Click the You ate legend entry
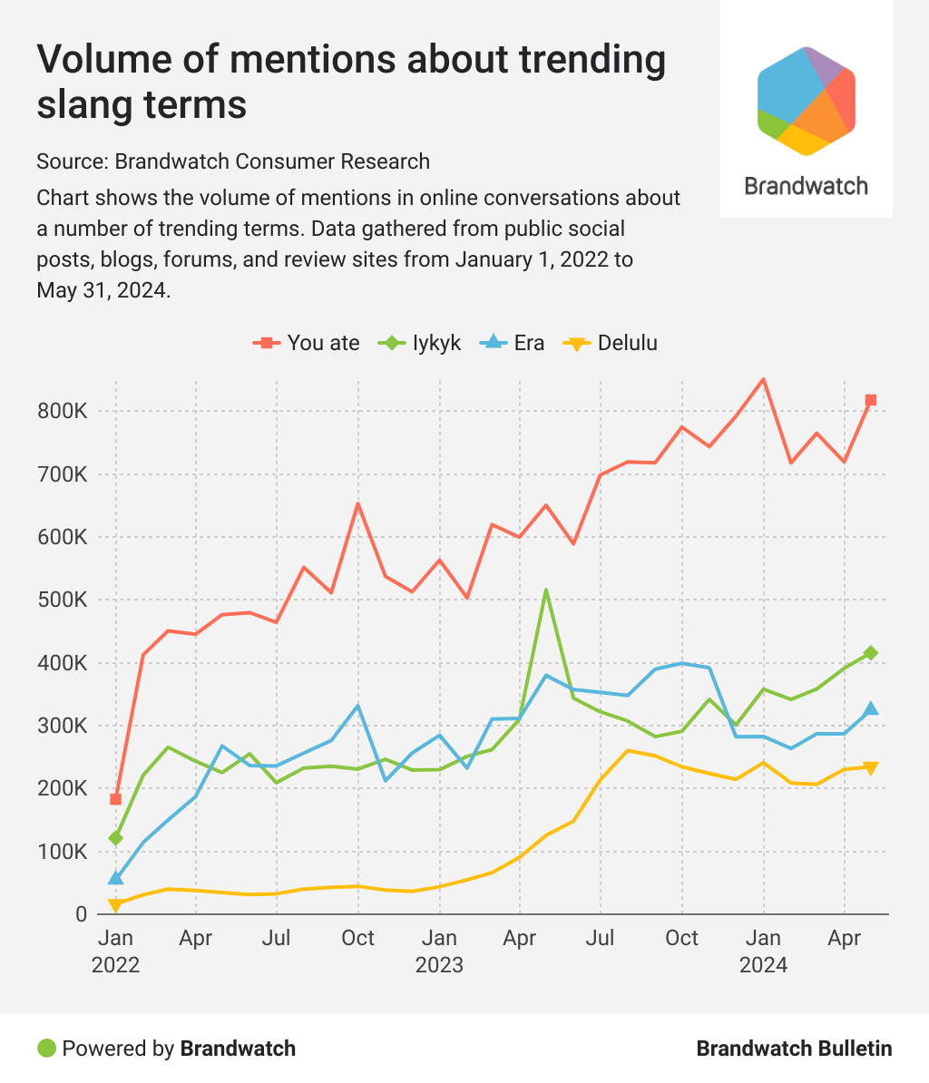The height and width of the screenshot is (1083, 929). [x=306, y=343]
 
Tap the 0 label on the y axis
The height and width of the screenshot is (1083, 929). [x=81, y=915]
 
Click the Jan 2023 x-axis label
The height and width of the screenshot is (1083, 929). [x=439, y=951]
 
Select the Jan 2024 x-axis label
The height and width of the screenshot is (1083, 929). [x=763, y=951]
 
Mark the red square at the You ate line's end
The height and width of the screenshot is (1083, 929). [x=871, y=400]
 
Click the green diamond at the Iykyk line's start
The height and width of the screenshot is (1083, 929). [x=115, y=838]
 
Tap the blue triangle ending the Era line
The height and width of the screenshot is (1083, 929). [x=871, y=708]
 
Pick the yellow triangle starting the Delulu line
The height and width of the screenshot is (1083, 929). [x=115, y=905]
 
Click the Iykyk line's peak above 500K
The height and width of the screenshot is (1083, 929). [x=546, y=590]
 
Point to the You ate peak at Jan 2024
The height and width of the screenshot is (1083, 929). [x=763, y=379]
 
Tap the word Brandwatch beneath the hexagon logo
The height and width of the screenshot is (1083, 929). [x=807, y=186]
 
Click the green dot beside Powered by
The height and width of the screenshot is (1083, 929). [x=46, y=1049]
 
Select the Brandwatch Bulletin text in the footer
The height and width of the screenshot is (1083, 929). [x=794, y=1049]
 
